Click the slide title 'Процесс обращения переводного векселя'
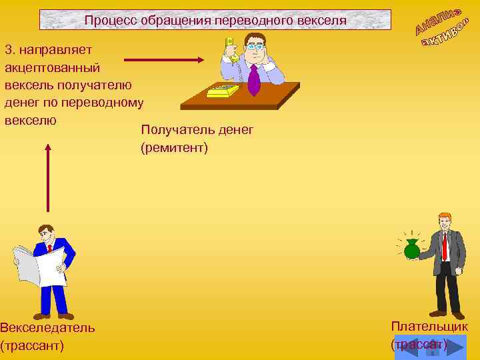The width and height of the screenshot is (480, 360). (x=215, y=20)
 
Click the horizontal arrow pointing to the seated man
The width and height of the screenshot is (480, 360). (x=163, y=60)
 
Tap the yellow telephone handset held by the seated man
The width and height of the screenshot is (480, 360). (x=230, y=49)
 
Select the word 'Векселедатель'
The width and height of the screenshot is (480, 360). (x=47, y=327)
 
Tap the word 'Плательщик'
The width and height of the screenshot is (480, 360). (x=429, y=326)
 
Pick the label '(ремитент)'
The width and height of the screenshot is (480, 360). (x=174, y=147)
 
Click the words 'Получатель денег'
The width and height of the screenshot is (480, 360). (x=197, y=130)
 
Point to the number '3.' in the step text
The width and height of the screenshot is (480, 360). (x=11, y=49)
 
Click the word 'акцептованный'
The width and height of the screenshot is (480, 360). (x=52, y=67)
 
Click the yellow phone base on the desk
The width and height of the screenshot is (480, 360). (x=223, y=90)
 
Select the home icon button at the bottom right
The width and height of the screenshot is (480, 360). (x=430, y=349)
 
